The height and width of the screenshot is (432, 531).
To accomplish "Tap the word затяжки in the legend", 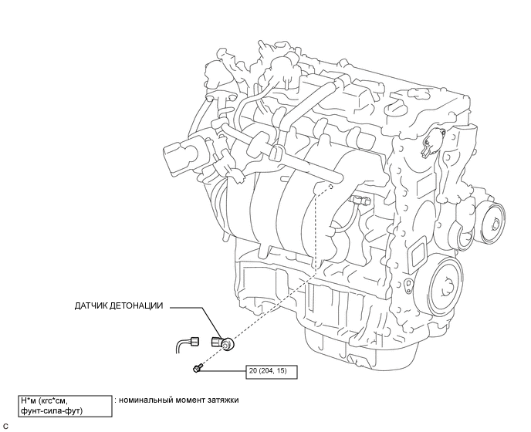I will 222,400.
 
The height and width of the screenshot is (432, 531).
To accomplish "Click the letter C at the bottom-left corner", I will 5,426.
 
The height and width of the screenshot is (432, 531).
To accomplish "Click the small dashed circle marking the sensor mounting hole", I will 330,186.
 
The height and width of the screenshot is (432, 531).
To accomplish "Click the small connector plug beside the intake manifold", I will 360,201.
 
